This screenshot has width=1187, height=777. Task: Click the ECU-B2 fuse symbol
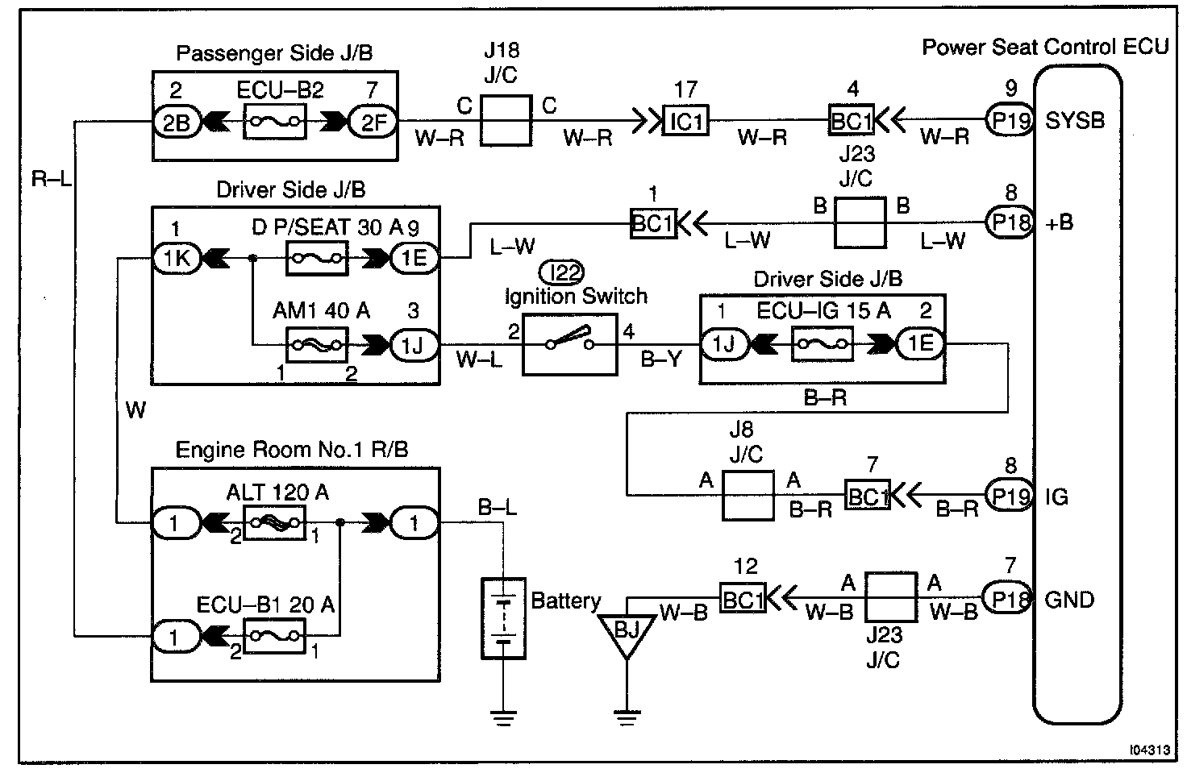coord(274,121)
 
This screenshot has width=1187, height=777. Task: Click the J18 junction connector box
coord(506,121)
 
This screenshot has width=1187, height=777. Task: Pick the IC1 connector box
coord(685,121)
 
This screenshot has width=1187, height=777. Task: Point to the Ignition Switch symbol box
coord(570,344)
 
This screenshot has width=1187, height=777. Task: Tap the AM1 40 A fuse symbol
coord(317,345)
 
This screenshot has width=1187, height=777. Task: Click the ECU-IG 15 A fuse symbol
coord(823,345)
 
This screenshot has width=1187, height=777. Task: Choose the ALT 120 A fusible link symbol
coord(274,523)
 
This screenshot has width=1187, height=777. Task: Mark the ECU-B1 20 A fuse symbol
coord(274,637)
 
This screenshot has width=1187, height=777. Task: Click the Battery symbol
coord(503,618)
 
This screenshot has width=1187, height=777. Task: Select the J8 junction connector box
coord(748,495)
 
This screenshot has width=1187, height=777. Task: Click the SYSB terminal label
coord(1074,121)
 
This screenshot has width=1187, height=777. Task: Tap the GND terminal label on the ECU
coord(1069,600)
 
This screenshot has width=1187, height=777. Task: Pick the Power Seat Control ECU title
coord(1045,47)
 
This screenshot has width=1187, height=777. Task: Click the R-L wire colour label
coord(51,179)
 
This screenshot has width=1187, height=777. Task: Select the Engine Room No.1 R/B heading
coord(292,450)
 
